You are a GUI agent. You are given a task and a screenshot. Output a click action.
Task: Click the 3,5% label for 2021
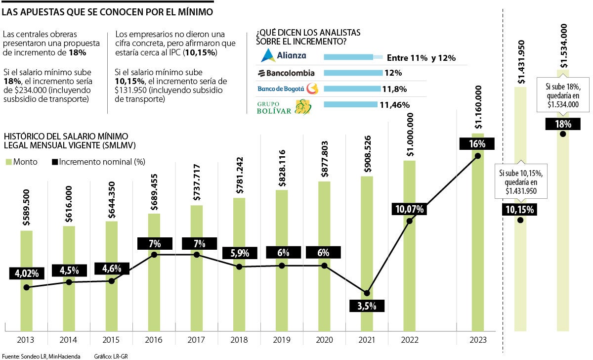coord(367,306)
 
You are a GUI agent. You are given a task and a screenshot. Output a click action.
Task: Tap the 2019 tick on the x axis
coord(282,340)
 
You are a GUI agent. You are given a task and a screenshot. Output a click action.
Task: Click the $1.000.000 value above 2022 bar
coord(410,135)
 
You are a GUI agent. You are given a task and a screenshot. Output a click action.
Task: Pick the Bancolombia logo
coord(286,73)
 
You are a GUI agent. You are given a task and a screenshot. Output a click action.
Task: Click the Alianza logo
coord(284,55)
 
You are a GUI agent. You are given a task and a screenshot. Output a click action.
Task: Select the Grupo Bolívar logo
coord(284,106)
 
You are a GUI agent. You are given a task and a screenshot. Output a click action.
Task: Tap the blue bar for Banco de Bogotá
coord(353,89)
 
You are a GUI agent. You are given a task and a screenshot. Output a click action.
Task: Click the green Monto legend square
coord(8,162)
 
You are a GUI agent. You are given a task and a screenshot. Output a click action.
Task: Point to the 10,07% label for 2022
coord(410,209)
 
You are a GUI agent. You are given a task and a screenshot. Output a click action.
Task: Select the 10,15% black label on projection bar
coord(520,210)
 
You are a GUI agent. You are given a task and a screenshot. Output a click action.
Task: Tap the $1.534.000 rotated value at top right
coord(563,45)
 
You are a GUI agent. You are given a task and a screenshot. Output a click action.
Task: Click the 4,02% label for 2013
coord(27,273)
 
